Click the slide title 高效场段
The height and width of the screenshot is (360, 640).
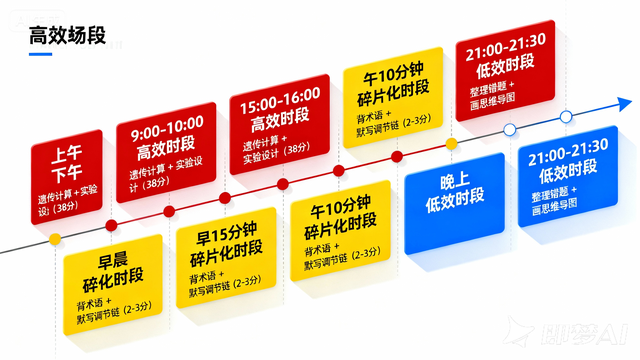[x=68, y=38]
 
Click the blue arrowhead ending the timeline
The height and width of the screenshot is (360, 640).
[x=623, y=104]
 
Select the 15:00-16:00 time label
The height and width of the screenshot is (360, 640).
[x=275, y=101]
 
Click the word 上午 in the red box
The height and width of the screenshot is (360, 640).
[x=68, y=154]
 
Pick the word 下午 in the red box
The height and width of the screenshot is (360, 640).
[x=68, y=173]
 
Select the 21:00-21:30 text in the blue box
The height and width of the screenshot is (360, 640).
[x=567, y=146]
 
